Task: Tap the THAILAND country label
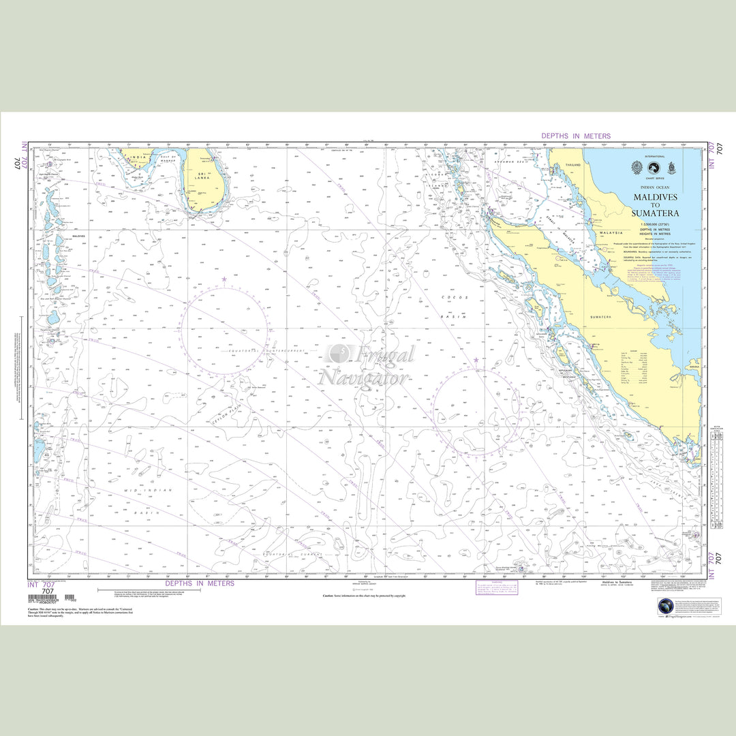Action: (573, 165)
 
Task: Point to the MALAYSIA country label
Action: (611, 232)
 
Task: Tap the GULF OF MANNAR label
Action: (168, 159)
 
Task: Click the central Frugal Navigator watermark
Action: (368, 365)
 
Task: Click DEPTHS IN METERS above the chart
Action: (576, 136)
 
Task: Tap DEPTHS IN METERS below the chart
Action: (200, 583)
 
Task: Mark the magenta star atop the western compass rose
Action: (224, 279)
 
